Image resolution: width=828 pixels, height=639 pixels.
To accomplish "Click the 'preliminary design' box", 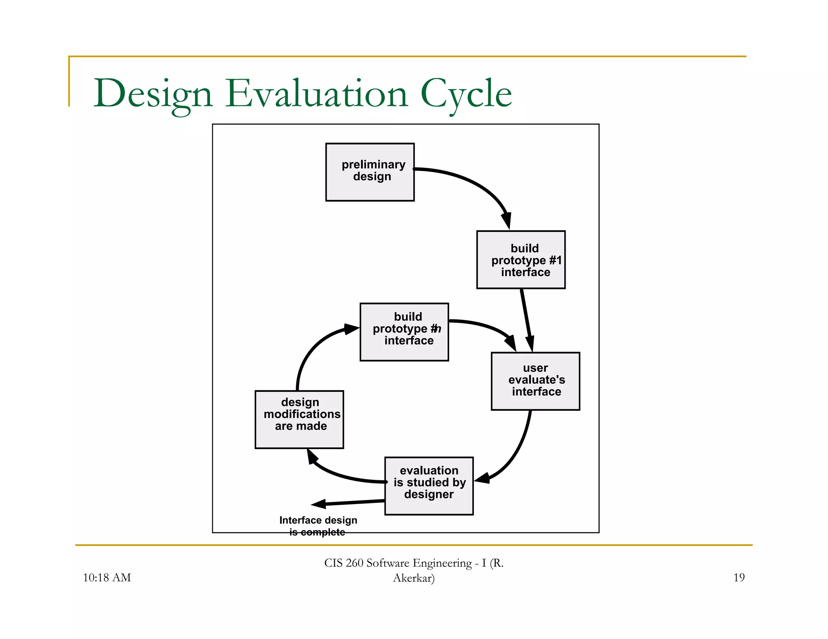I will pos(370,172).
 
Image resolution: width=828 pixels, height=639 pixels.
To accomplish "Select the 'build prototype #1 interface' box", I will pos(521,260).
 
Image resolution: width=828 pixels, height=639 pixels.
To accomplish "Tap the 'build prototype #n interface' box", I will pos(404,332).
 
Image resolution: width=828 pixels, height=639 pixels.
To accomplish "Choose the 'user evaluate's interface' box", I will pos(535,381).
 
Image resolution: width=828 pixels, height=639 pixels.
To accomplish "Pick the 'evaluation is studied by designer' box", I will pos(429,486).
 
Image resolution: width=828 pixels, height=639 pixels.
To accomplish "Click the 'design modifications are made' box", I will pos(299,419).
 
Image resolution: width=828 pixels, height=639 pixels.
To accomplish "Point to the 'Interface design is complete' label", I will pos(318,526).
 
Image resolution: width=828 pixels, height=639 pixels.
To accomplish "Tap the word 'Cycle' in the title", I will pos(466,94).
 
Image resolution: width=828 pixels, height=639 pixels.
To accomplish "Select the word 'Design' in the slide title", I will pos(153,94).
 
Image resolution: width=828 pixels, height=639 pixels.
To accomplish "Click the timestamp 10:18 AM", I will pos(107,578).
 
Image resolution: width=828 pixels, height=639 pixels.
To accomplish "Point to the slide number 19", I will pos(739,578).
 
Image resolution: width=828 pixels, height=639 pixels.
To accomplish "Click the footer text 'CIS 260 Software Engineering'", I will pos(398,563).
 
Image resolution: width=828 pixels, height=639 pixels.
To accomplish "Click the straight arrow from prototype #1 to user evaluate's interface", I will pos(526,319).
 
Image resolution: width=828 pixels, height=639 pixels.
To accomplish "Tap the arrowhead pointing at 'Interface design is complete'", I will pos(319,504).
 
